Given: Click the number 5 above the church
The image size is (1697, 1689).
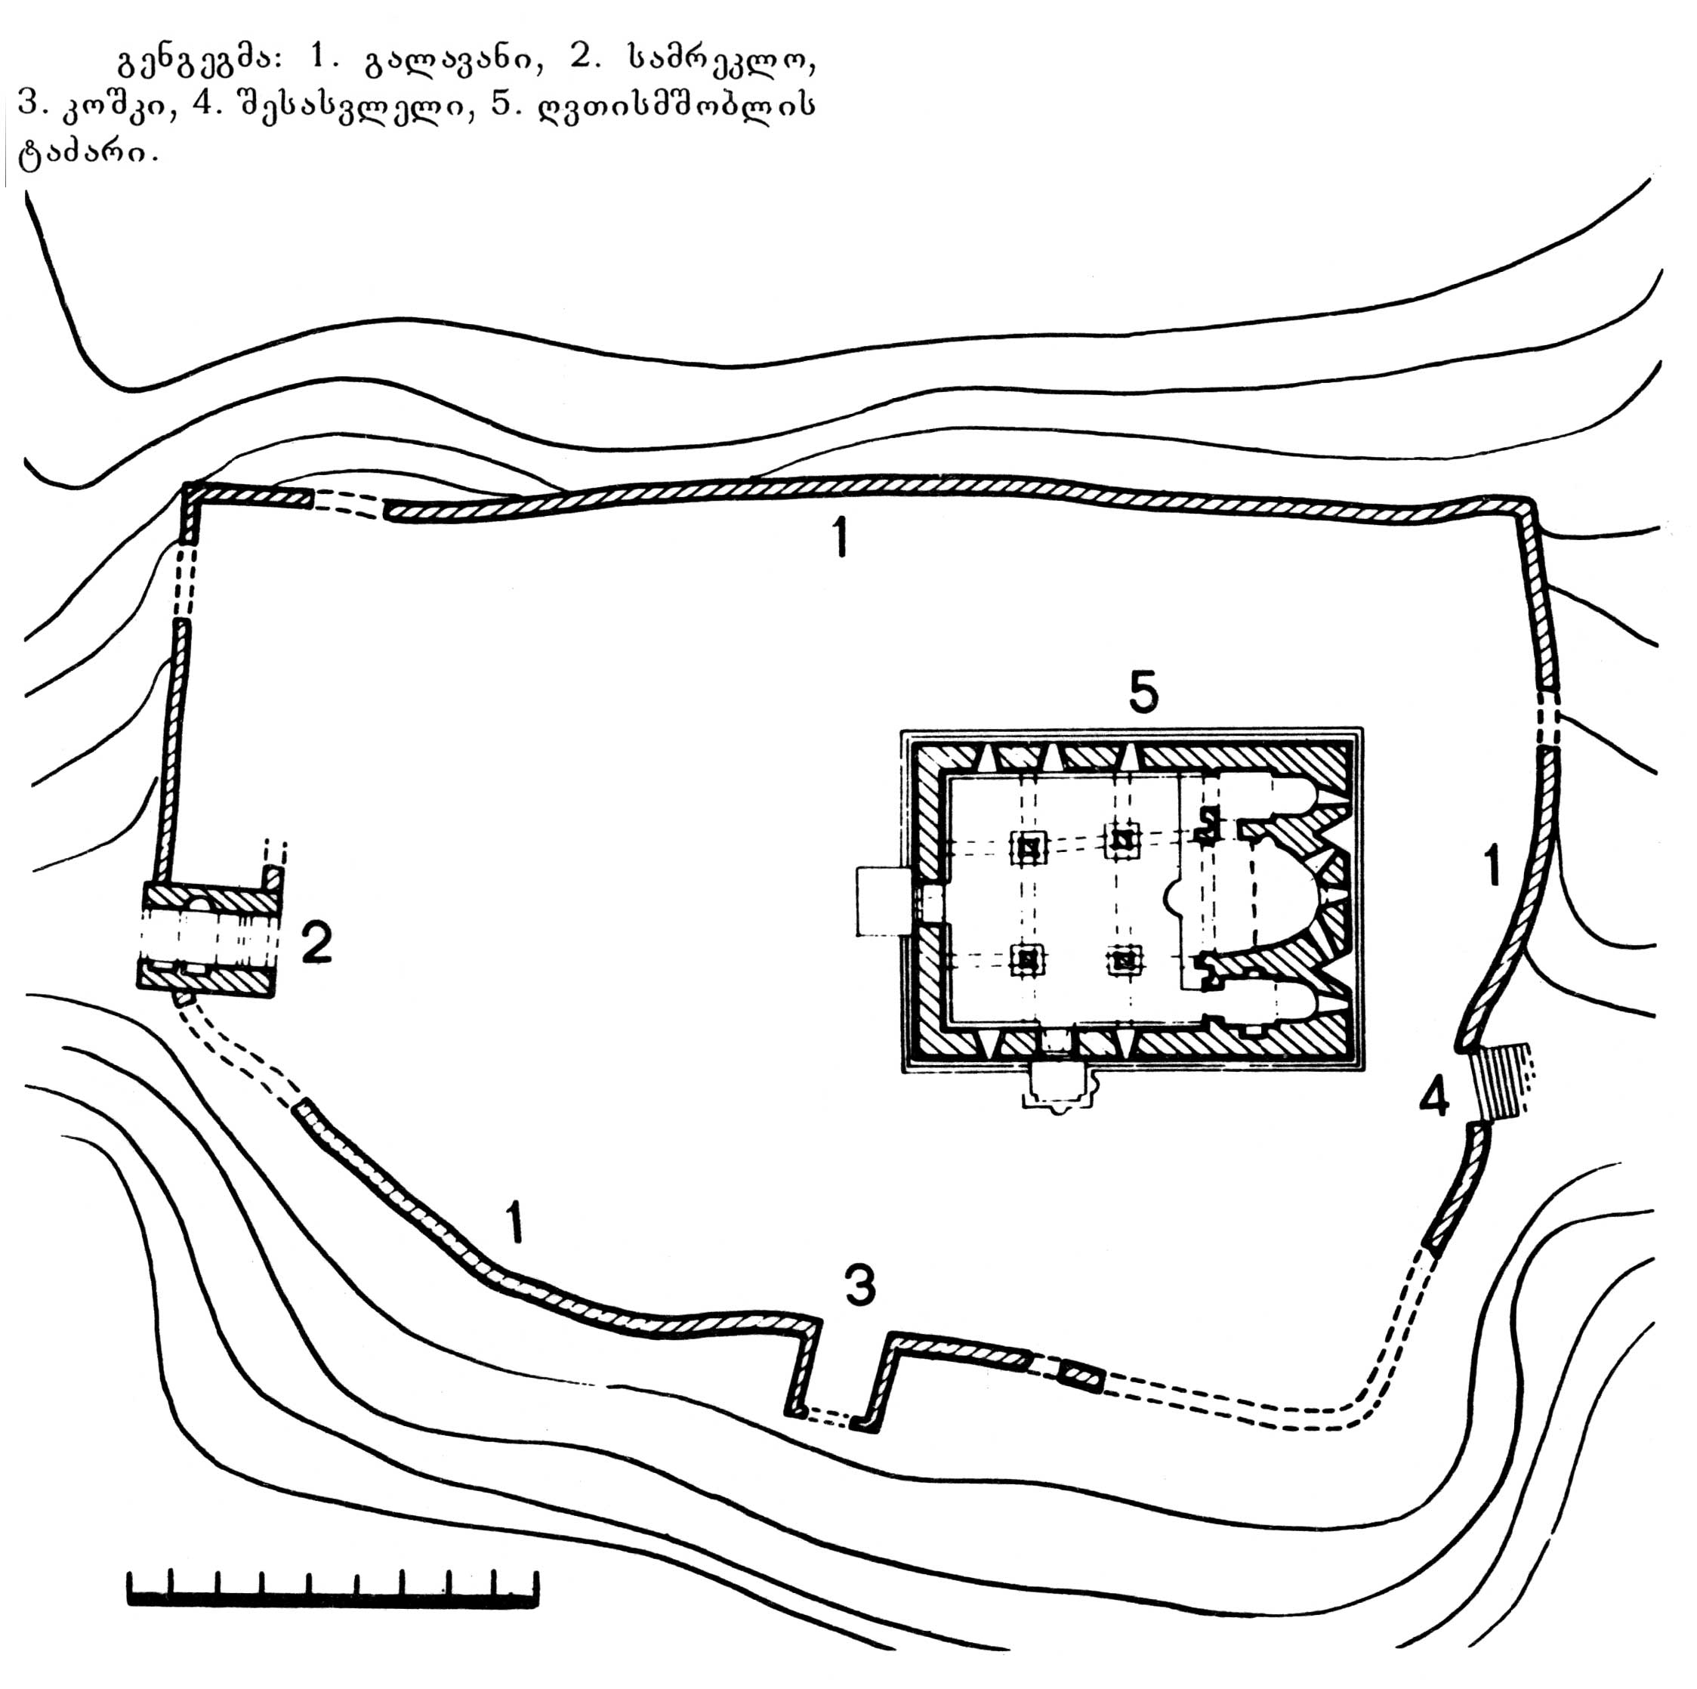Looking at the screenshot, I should (1143, 692).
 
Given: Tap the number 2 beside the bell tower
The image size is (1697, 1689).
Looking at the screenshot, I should (316, 943).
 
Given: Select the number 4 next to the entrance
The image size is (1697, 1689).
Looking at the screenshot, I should (1433, 1097).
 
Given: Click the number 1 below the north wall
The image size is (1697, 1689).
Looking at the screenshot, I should (841, 536).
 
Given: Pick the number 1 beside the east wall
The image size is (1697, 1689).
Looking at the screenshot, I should (1491, 864).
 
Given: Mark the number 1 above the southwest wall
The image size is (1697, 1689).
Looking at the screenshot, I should (515, 1221).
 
